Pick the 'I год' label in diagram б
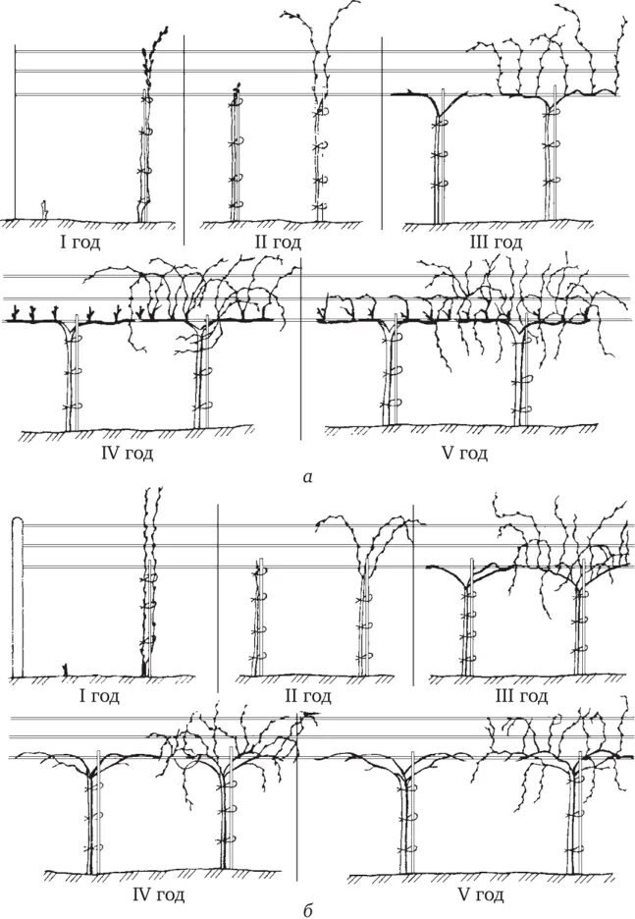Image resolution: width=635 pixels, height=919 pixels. coord(98,697)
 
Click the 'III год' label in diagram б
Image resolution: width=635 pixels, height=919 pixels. coord(520,697)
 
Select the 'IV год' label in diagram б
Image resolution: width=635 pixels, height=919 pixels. coord(158,895)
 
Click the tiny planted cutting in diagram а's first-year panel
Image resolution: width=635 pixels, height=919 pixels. coord(44,208)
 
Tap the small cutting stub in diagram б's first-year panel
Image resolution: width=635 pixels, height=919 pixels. coord(65,670)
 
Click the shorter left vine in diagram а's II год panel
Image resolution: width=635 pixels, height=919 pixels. coord(236,157)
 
